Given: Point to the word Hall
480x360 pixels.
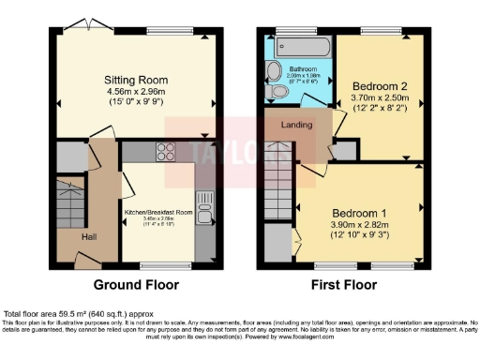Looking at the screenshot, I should coord(88,237).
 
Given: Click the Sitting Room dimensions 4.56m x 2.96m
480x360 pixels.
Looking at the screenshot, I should coord(137,93).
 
